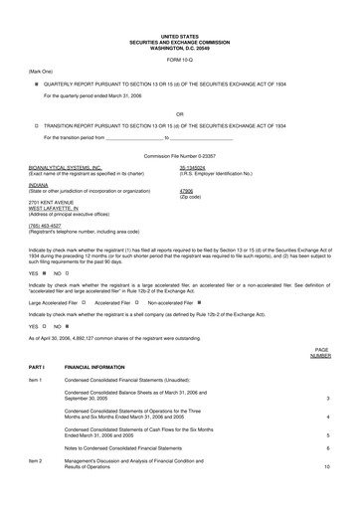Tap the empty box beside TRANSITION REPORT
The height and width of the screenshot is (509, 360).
click(x=37, y=126)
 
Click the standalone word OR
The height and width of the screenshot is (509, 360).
click(x=179, y=113)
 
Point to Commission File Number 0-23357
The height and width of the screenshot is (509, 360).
click(x=179, y=157)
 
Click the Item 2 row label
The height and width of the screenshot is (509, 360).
click(x=37, y=461)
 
